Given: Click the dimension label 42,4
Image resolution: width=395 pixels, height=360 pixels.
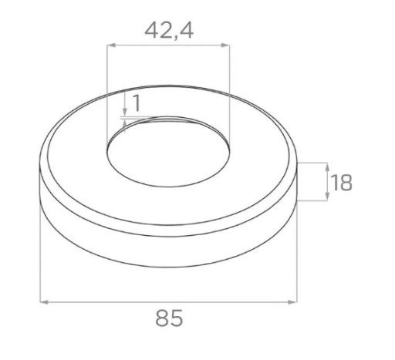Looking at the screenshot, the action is tap(169, 31).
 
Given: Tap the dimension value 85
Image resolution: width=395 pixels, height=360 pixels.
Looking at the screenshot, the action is tap(169, 318).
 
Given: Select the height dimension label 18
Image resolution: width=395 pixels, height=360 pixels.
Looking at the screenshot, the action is tap(342, 183).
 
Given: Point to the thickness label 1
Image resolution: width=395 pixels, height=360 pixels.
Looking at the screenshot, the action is tap(137, 103).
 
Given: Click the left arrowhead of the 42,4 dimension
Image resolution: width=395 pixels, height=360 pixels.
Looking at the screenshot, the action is tap(111, 45).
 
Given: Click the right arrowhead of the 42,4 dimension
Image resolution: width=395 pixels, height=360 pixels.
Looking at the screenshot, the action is tap(225, 45).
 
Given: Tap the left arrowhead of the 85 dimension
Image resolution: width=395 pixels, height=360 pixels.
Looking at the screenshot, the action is tap(44, 302).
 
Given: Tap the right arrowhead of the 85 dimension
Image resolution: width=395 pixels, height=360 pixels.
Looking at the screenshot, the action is tap(293, 302).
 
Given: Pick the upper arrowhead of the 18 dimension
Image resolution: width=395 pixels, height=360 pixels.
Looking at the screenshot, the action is tap(327, 167).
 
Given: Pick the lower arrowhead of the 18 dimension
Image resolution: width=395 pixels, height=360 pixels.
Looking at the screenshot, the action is tap(327, 197).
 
